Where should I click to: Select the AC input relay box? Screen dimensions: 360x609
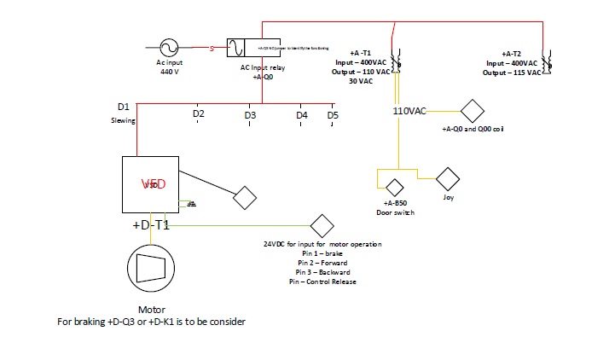point(247,48)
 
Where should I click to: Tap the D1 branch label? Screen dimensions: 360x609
point(123,107)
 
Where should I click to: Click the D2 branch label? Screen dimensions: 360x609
point(198,113)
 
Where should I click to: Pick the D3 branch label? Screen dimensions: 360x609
point(250,114)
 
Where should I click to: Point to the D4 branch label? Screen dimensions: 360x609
point(302,114)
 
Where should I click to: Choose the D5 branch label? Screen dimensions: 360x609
point(333,114)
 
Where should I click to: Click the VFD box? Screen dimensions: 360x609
point(154,183)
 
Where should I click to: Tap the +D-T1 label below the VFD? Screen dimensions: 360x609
point(151,225)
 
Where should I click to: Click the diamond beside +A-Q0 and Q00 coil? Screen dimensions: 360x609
point(472,112)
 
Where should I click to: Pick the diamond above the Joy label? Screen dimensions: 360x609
point(448,179)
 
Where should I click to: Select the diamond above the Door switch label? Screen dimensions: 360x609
point(394,188)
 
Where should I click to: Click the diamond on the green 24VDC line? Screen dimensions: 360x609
point(322,226)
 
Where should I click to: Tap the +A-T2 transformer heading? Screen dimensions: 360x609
point(516,53)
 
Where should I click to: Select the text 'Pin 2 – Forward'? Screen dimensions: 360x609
point(322,263)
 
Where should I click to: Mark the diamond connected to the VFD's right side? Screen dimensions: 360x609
point(246,197)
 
